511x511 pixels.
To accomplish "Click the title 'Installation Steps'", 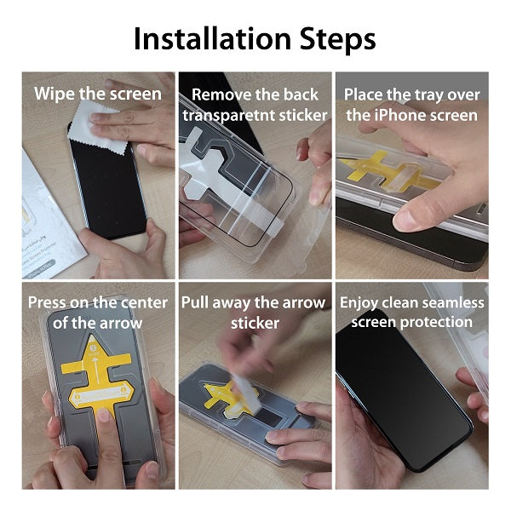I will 255,38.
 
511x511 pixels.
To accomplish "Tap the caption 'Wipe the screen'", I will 97,94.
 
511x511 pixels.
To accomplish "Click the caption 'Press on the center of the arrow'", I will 96,313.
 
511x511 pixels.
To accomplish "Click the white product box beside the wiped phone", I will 51,213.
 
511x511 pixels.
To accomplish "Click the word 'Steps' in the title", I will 336,38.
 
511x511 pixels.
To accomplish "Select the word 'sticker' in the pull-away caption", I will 255,324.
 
